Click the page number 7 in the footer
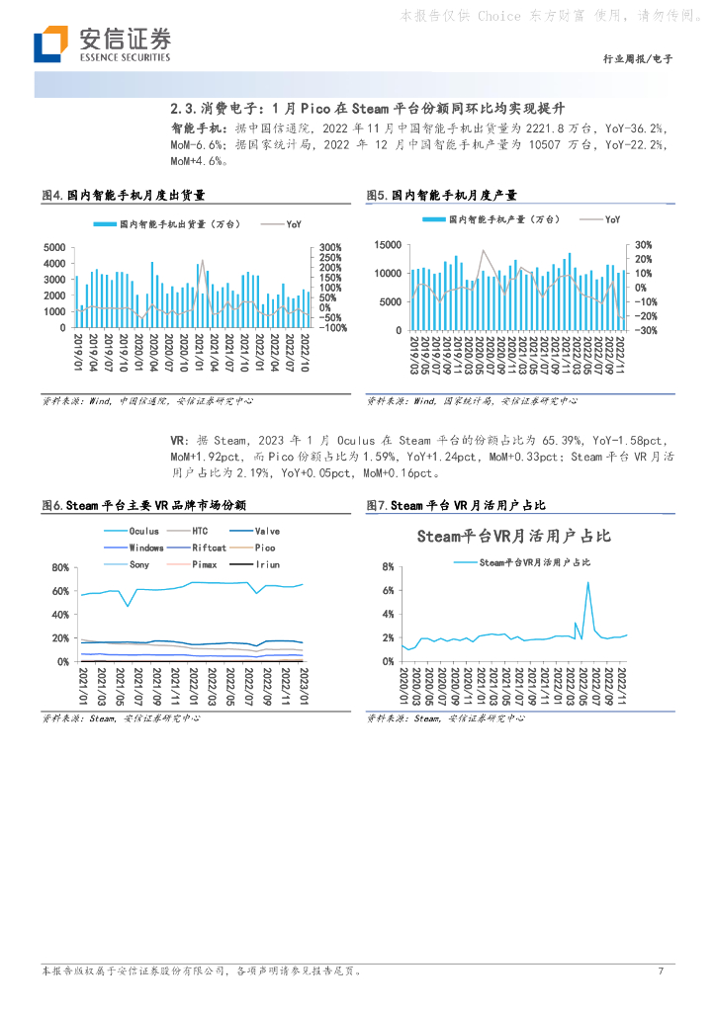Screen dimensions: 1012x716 660,970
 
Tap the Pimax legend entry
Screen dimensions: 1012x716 204,563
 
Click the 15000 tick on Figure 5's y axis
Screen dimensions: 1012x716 388,244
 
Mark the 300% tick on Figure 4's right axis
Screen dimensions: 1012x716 329,247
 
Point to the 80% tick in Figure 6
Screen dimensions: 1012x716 60,567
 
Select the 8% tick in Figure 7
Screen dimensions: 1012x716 388,566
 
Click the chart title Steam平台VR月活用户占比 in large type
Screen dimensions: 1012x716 513,537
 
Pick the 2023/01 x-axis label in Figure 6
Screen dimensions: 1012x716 304,684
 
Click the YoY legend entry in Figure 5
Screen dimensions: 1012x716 613,219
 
